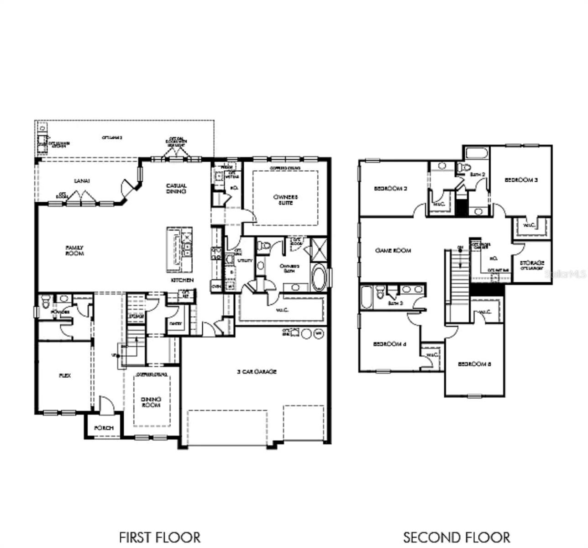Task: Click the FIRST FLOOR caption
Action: click(x=159, y=537)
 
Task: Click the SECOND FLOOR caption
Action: click(x=457, y=537)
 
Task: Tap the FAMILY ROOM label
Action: click(x=74, y=250)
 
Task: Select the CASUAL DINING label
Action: click(x=176, y=188)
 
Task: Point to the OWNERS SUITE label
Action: click(x=285, y=200)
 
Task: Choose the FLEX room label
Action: click(x=65, y=375)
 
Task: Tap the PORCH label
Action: click(x=104, y=428)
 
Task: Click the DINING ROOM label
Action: click(x=151, y=402)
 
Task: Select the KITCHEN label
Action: click(x=182, y=280)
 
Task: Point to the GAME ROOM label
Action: click(x=393, y=250)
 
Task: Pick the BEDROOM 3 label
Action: click(x=521, y=180)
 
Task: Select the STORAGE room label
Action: click(x=532, y=264)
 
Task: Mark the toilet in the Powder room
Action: click(x=45, y=301)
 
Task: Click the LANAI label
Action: click(x=82, y=181)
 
